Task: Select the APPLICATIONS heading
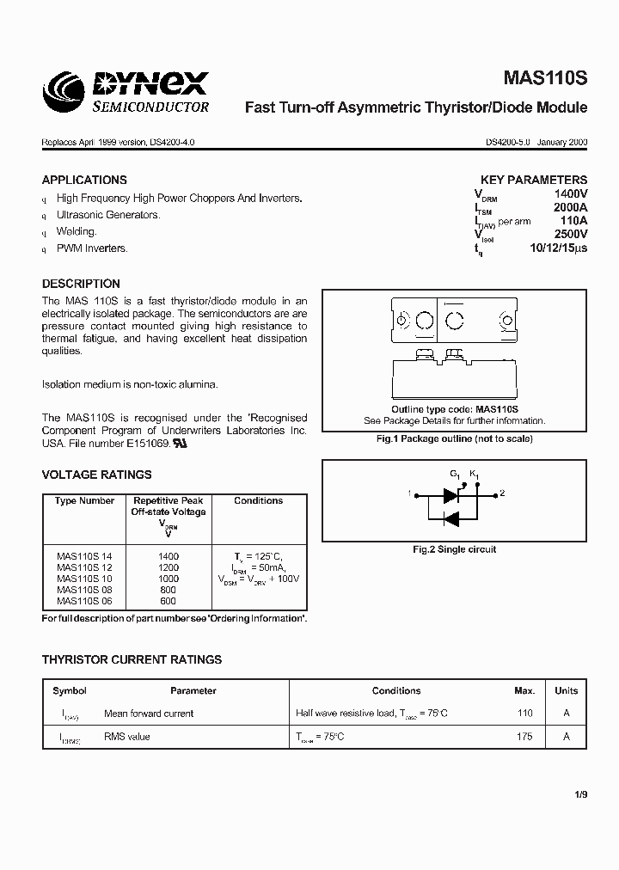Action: [x=84, y=181]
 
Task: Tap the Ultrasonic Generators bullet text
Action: [x=108, y=215]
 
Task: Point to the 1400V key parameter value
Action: [x=571, y=195]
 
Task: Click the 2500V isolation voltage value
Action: [x=571, y=234]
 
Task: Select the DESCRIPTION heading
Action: [x=81, y=284]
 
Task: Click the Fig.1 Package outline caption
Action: [x=455, y=438]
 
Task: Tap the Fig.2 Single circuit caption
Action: [x=455, y=549]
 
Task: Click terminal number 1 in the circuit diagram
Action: [x=410, y=493]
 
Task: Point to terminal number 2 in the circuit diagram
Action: [x=502, y=493]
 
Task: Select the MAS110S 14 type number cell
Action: [x=84, y=556]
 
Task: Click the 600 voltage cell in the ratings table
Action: [x=168, y=601]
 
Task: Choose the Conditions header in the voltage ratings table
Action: [x=258, y=500]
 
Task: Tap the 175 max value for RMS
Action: [x=524, y=736]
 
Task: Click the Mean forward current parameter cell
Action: [x=149, y=713]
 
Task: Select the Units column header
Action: [x=566, y=690]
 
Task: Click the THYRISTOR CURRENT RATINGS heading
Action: [x=132, y=659]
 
